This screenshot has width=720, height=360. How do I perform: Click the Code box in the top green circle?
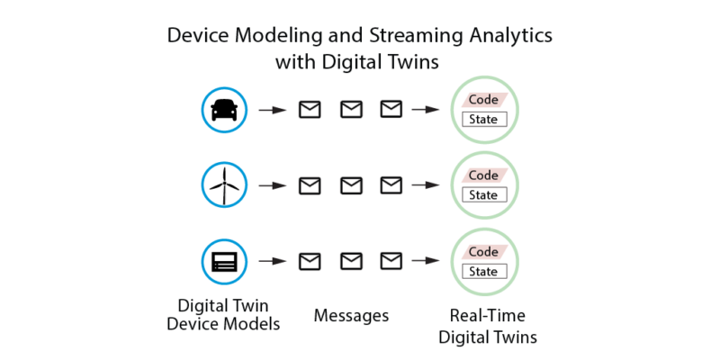click(x=484, y=100)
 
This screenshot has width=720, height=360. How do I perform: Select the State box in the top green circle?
click(x=484, y=119)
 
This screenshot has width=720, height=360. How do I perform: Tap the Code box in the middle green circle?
click(x=484, y=175)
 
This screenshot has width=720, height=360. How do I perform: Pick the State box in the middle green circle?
click(x=484, y=194)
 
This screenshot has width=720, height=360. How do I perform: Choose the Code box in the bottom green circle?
click(x=484, y=252)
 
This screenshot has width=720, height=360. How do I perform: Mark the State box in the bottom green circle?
click(x=484, y=271)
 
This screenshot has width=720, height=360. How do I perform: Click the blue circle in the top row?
click(x=222, y=110)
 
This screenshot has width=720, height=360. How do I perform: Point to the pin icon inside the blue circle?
click(x=223, y=190)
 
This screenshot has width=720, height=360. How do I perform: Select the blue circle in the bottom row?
click(x=222, y=262)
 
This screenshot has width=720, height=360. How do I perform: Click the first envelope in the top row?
click(x=309, y=110)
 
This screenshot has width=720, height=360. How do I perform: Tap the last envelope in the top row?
click(x=391, y=110)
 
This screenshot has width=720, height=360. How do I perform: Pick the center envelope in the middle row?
click(x=350, y=185)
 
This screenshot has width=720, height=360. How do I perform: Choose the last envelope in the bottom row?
click(x=391, y=262)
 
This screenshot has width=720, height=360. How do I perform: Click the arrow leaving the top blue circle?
click(x=271, y=110)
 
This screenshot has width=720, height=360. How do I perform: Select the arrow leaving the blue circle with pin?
click(x=271, y=186)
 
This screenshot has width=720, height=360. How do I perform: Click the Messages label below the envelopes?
click(x=350, y=316)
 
